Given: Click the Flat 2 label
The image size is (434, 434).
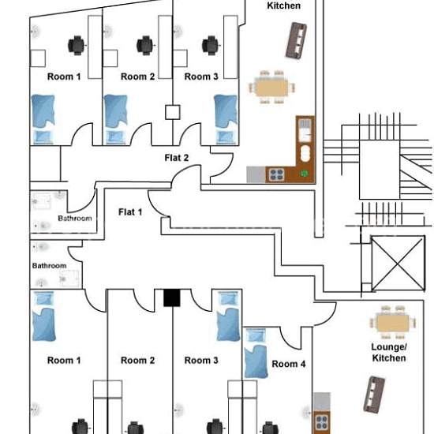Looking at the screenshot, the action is pos(177,158).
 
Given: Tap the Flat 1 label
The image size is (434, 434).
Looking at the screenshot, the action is pos(130,212).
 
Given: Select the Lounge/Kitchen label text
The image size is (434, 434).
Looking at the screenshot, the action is pos(389,353).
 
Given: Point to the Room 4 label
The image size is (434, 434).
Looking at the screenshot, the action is pos(289,364).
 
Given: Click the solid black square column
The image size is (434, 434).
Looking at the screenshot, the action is pos(172,297).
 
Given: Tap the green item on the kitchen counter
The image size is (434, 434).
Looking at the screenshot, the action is pos(304,174).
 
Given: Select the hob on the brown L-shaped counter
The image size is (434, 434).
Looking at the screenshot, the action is pos(277,175).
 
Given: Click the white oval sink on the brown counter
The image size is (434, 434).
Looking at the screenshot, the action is pos(305,153).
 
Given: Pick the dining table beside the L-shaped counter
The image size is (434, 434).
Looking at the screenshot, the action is pos(271,88).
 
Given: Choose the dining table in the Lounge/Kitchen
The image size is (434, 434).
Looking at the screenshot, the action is pos(393,323).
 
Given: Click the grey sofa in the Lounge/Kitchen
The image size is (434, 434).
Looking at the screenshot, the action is pos(374,395).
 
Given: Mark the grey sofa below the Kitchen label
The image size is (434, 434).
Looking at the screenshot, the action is pos(296,41).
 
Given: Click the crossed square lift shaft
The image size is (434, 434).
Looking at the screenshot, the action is pos(398,264).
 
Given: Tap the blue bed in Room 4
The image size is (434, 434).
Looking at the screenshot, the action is pos(256,354).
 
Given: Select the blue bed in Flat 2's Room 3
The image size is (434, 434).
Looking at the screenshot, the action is pos(226,120).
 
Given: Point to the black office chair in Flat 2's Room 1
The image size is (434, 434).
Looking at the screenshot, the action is pos(77,46).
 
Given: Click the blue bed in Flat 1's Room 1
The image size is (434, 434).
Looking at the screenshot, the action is pos(44,316).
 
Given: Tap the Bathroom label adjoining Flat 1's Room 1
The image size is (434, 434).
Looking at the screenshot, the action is pos(49,266).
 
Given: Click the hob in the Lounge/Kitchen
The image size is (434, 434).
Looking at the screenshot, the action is pos(322,423).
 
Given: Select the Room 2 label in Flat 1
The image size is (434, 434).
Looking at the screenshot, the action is pos(137,361).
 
